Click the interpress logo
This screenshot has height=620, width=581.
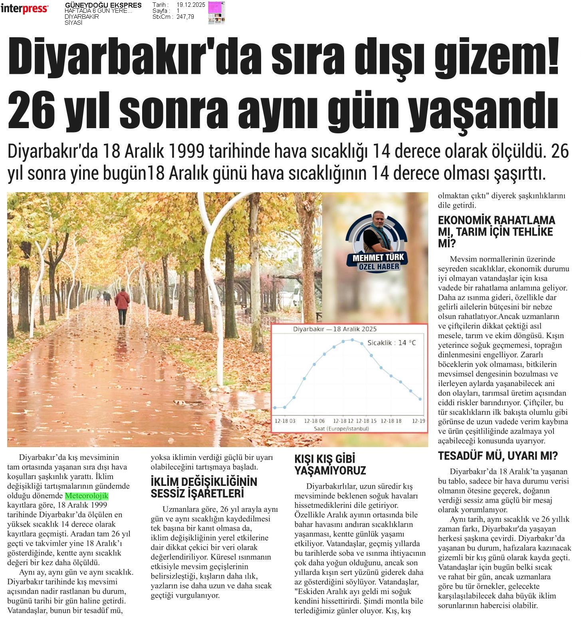coord(24,8)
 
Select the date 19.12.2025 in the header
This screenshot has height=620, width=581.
coord(190,5)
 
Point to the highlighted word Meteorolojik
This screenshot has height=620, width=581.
coord(87,496)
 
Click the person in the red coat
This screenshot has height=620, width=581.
coord(122,305)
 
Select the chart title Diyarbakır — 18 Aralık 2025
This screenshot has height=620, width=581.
coord(335,329)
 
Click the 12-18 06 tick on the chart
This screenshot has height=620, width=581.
coord(314,421)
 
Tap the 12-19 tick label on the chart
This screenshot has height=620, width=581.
coord(418,421)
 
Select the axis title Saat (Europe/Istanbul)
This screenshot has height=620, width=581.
coord(341,428)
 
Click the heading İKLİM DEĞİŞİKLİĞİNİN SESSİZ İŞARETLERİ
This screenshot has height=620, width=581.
coord(204,487)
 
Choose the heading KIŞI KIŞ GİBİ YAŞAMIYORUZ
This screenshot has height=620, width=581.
coord(330,464)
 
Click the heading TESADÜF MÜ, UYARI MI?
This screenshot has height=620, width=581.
coord(498,456)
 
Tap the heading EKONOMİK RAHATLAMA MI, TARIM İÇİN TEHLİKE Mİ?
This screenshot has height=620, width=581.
coord(496,232)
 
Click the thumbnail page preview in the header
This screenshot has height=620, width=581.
coord(216,12)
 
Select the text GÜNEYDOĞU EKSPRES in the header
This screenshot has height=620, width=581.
coord(103,5)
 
